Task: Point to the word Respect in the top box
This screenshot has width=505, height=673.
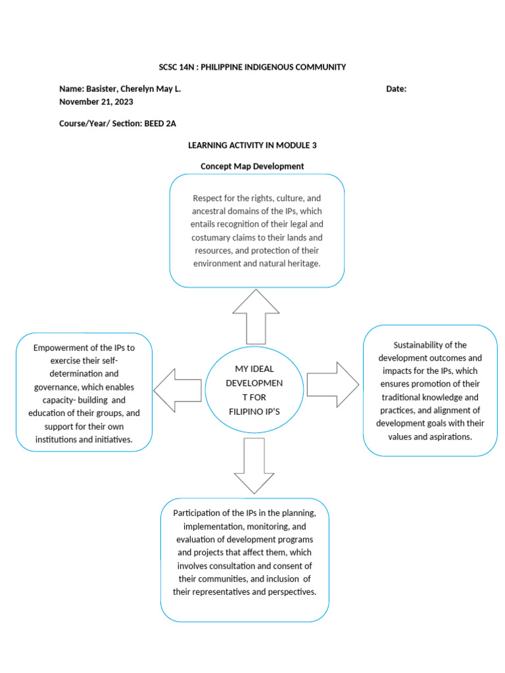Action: (x=208, y=198)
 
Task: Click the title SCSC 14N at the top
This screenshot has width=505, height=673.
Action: (x=176, y=67)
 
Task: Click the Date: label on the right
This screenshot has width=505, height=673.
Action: (x=396, y=89)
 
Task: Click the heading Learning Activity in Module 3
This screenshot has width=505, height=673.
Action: (x=252, y=145)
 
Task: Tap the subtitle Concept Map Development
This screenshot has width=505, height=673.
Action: (x=252, y=166)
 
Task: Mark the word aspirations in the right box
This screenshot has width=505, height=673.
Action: (x=449, y=436)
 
